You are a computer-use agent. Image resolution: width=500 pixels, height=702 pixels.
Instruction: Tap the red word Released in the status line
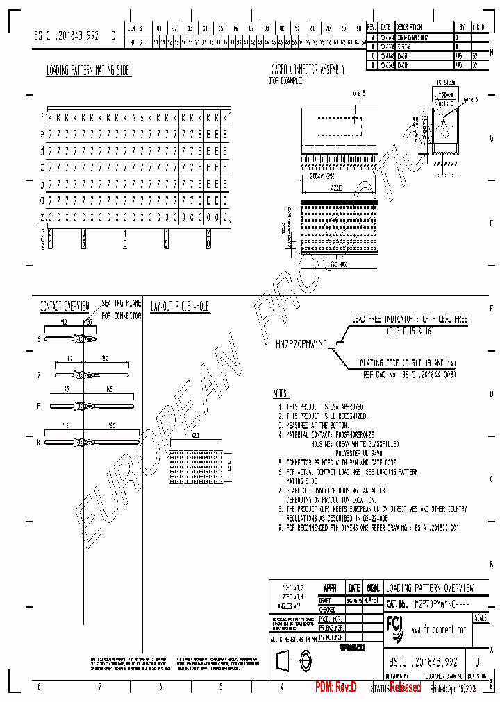(x=405, y=687)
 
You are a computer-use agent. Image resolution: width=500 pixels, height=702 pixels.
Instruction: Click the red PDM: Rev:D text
(x=336, y=687)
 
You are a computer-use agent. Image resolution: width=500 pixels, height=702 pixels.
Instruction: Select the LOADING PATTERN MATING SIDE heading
(x=87, y=71)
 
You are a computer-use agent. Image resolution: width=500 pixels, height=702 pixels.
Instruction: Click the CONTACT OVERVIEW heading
(x=64, y=305)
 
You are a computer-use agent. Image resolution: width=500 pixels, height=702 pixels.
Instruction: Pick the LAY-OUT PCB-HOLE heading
(x=180, y=305)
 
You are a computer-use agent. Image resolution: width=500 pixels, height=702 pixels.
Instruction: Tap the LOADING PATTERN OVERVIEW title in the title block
(x=430, y=588)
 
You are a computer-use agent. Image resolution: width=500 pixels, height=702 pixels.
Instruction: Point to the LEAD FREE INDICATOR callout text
(x=410, y=319)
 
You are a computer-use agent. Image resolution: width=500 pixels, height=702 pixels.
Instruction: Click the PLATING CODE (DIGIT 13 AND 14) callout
(x=409, y=363)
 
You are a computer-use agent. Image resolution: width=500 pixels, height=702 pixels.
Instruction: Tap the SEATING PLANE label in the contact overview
(x=122, y=304)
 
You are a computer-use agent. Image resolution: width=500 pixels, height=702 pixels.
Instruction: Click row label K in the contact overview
(x=39, y=442)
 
